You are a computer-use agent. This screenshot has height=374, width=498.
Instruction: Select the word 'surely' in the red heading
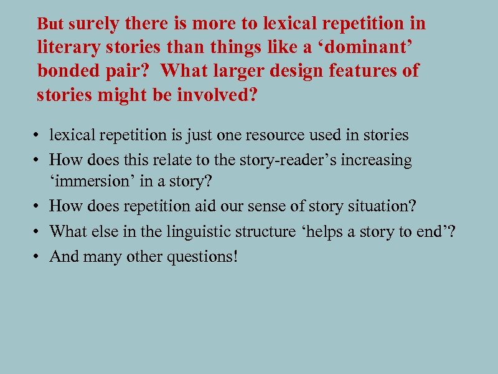tap(95, 24)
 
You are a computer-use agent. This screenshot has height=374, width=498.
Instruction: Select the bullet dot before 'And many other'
tap(39, 256)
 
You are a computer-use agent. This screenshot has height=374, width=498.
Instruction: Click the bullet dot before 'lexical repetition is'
tap(39, 135)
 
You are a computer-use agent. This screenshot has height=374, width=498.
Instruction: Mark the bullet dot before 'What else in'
tap(39, 232)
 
